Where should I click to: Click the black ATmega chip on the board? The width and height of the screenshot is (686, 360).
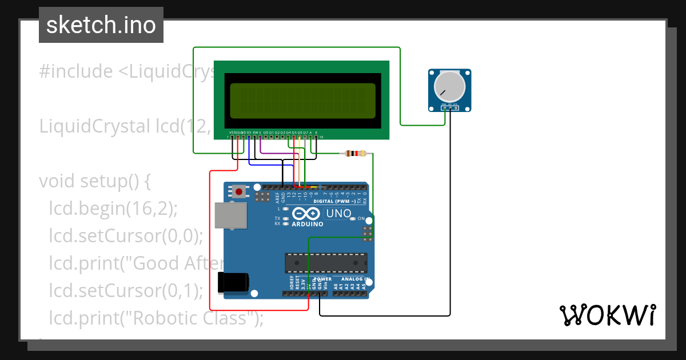click(x=326, y=262)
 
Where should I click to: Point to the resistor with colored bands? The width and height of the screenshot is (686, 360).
click(x=356, y=153)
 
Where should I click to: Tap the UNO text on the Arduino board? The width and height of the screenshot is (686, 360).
click(x=338, y=214)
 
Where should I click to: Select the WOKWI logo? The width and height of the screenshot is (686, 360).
click(x=607, y=315)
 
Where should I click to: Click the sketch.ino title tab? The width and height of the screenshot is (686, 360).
click(x=101, y=25)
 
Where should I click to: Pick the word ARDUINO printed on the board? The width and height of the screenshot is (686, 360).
click(x=308, y=224)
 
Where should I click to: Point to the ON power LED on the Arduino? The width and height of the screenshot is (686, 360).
click(x=353, y=219)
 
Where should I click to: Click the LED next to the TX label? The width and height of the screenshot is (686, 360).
click(x=285, y=218)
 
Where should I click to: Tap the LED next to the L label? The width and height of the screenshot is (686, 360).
click(x=285, y=209)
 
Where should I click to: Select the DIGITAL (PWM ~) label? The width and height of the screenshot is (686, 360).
click(x=332, y=201)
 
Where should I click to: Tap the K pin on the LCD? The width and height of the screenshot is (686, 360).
click(x=316, y=137)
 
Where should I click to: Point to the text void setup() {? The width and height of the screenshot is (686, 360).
click(x=94, y=181)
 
